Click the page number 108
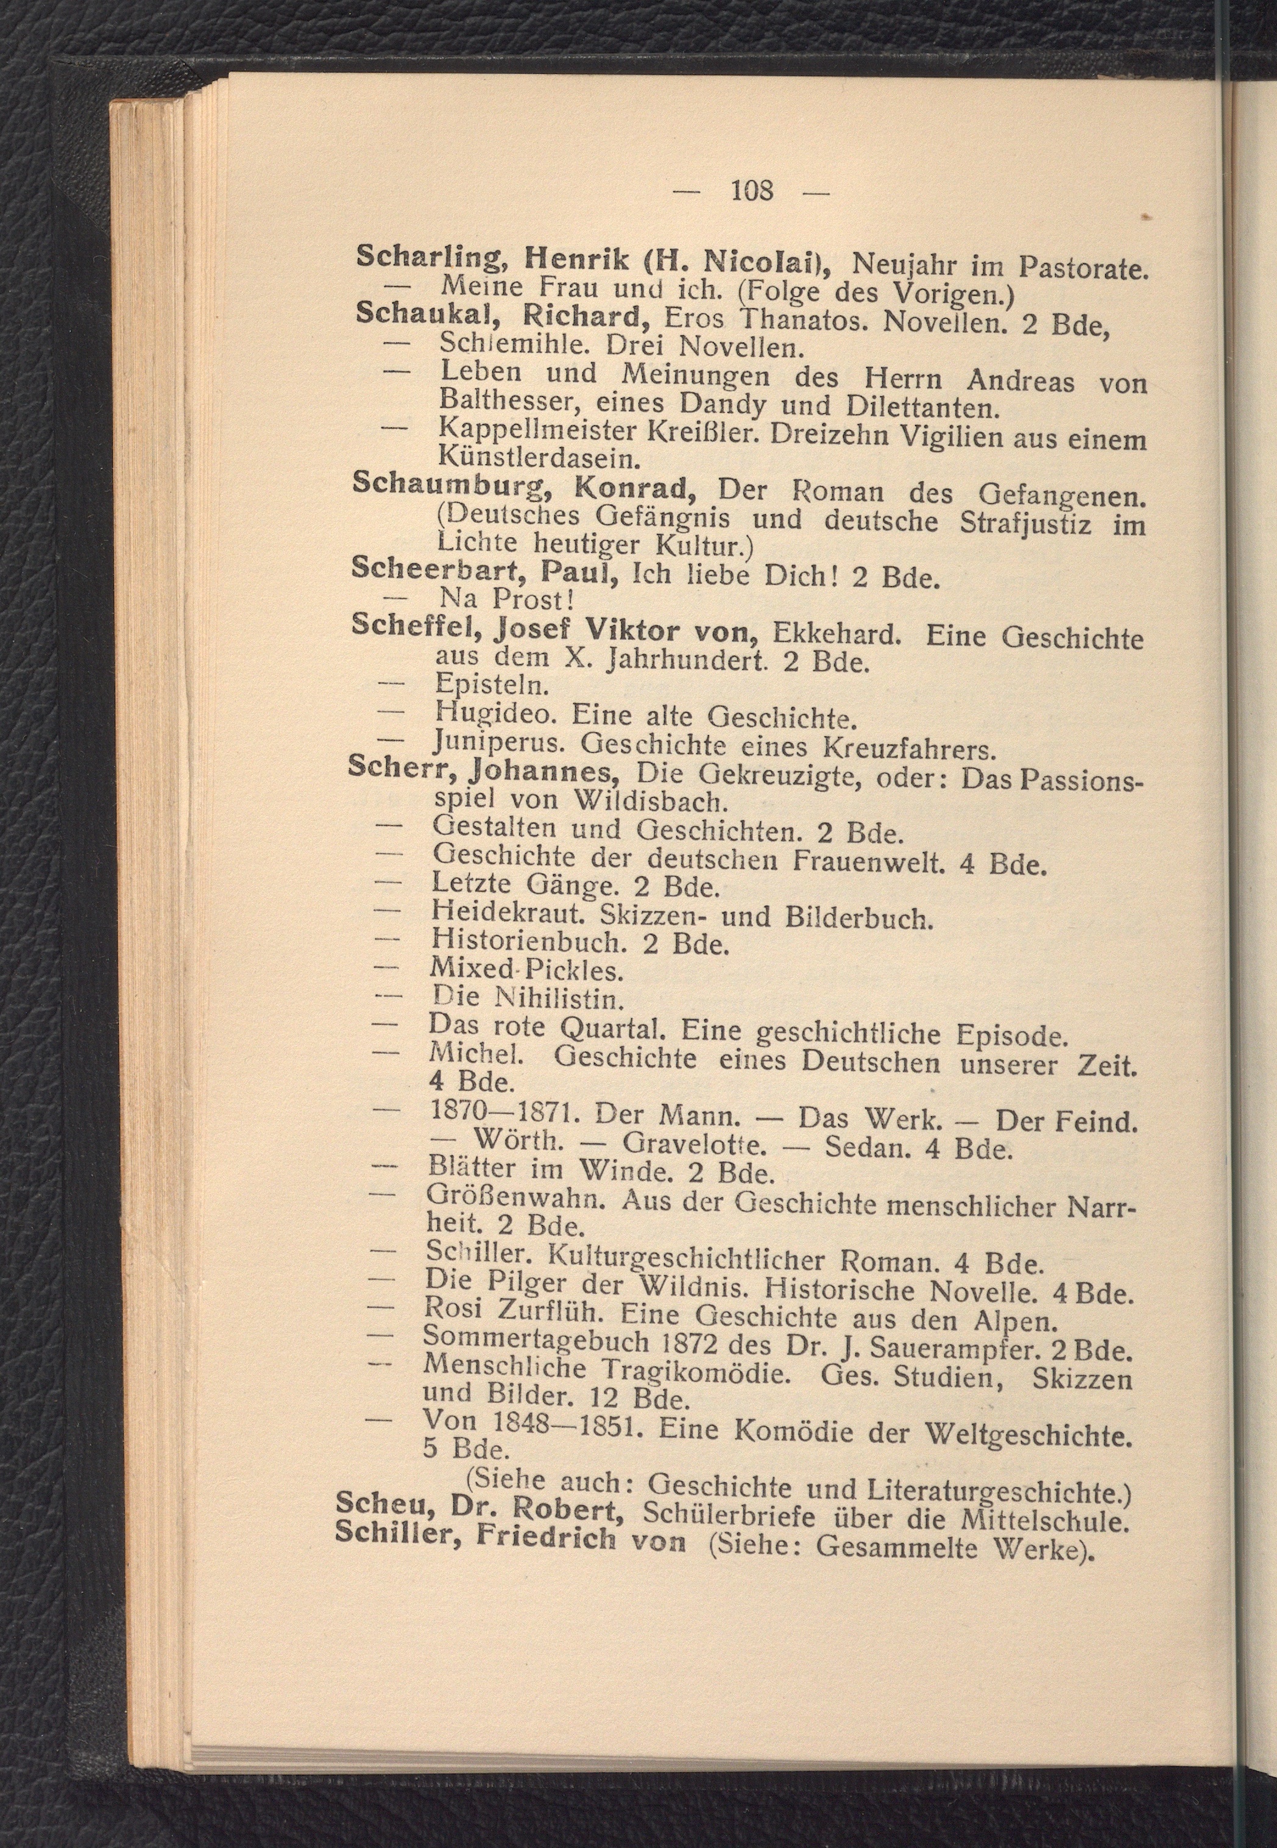point(752,191)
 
